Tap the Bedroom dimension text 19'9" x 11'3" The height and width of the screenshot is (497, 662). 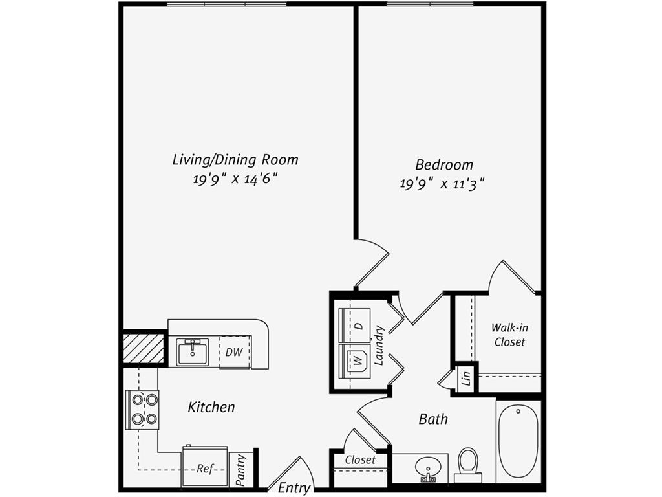[x=442, y=184]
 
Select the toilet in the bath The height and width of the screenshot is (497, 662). [x=467, y=464]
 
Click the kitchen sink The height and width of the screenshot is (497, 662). [x=193, y=353]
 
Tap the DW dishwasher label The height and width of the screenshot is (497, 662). [x=233, y=352]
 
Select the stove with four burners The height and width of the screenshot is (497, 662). [x=142, y=410]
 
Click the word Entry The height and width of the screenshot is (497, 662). [x=294, y=488]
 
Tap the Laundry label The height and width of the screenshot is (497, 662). [x=379, y=345]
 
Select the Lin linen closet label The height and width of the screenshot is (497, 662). [x=466, y=379]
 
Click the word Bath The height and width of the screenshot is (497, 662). [x=433, y=419]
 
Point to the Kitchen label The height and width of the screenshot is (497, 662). [x=211, y=407]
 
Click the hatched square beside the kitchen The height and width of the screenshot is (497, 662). [x=144, y=348]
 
